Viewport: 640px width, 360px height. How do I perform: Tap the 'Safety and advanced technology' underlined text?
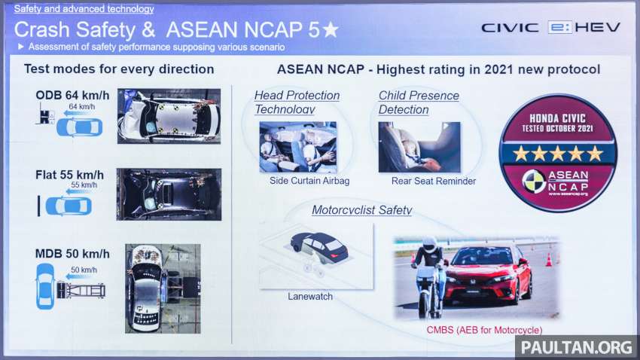[84, 10]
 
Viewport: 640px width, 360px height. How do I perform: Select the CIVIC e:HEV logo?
[550, 27]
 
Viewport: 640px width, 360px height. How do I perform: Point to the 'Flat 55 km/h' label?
[69, 175]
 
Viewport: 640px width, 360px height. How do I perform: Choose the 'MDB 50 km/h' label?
[72, 255]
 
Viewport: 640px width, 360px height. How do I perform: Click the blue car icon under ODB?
[78, 127]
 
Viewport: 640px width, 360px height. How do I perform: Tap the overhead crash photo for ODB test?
[169, 116]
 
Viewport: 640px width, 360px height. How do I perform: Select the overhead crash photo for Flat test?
[169, 194]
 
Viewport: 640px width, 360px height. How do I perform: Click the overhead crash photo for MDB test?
[163, 288]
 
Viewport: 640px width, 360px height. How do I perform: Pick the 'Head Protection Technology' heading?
[297, 102]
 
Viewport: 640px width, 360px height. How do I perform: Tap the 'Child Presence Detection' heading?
[419, 102]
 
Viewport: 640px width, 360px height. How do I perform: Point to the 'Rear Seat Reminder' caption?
[433, 182]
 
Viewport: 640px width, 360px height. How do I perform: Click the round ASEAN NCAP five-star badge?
[558, 153]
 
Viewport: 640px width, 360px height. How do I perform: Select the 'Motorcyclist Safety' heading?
[361, 210]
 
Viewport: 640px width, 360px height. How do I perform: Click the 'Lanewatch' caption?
[310, 297]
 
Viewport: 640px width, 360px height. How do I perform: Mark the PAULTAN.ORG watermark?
[576, 347]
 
